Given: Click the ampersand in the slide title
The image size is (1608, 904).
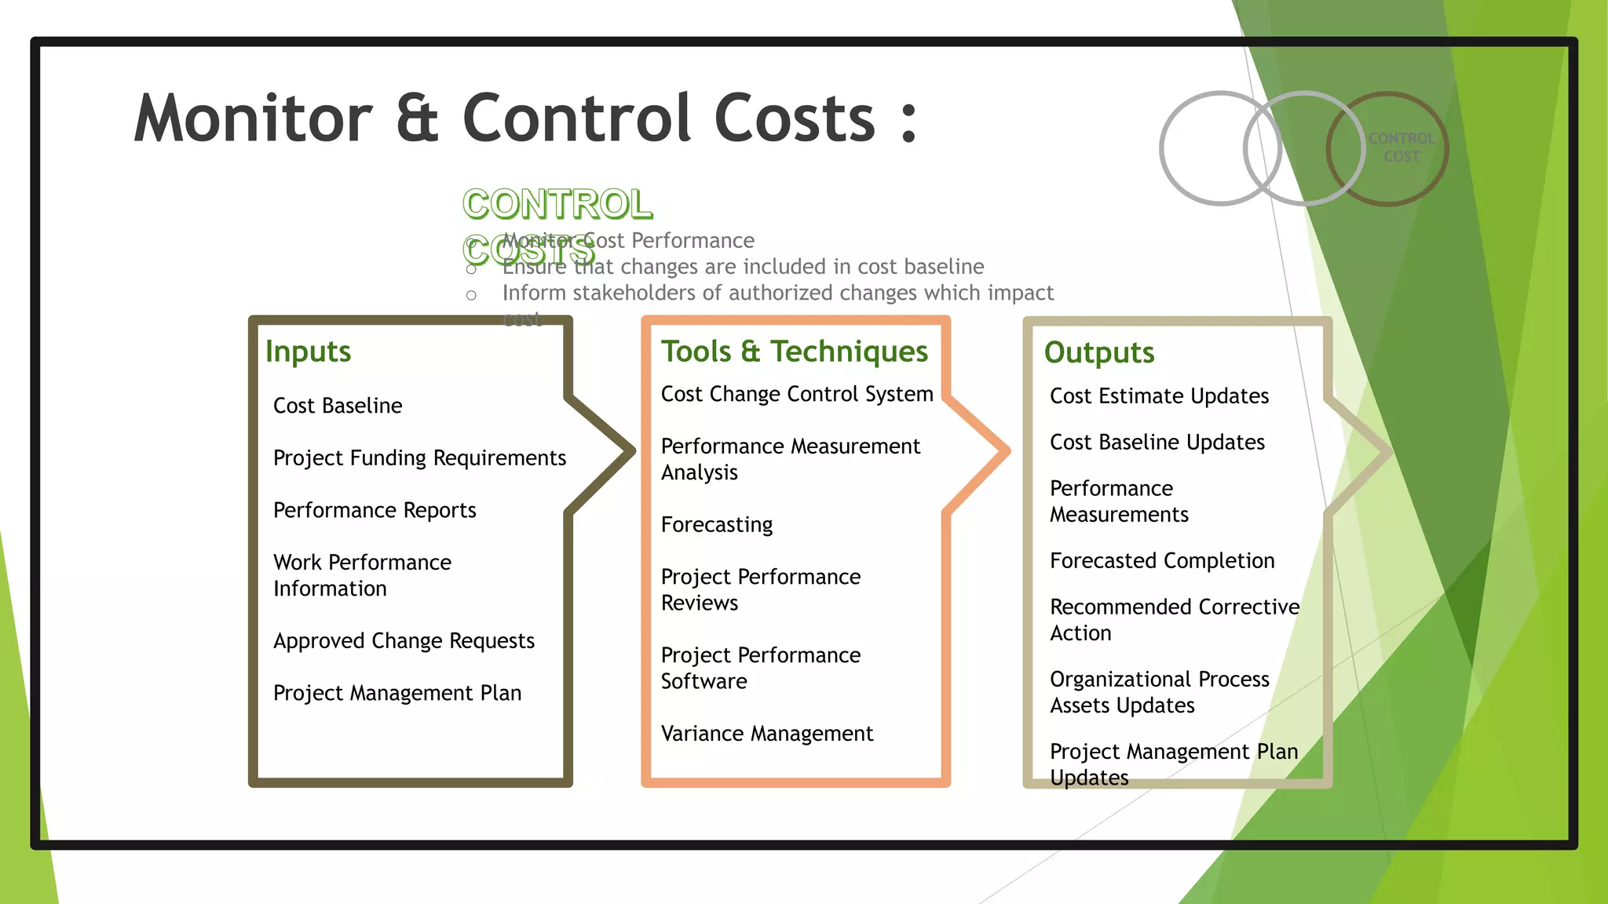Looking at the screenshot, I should [x=417, y=119].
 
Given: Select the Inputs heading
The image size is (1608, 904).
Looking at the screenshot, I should [x=308, y=352].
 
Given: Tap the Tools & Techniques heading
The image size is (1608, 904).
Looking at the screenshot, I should [x=794, y=352].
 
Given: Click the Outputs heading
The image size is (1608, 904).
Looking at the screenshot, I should [x=1098, y=353].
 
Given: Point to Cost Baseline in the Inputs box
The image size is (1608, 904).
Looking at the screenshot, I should [x=338, y=406].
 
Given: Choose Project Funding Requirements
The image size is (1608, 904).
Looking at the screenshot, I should [x=419, y=458].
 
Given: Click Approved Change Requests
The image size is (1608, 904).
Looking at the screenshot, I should [x=404, y=641].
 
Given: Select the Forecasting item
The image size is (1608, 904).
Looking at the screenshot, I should [x=716, y=525].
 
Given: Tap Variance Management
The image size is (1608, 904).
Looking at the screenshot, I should [x=766, y=734].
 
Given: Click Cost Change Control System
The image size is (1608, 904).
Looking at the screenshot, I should [x=796, y=394].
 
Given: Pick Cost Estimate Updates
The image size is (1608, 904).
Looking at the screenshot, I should [x=1159, y=396].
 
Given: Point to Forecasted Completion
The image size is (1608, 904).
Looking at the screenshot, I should [x=1161, y=561].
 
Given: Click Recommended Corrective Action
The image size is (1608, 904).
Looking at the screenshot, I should [x=1174, y=620].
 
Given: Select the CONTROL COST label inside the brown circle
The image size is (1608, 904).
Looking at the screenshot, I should [x=1401, y=148].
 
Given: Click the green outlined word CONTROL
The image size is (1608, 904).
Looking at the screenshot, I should [x=557, y=205].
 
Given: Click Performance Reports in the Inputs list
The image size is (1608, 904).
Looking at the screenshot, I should [x=375, y=511].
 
